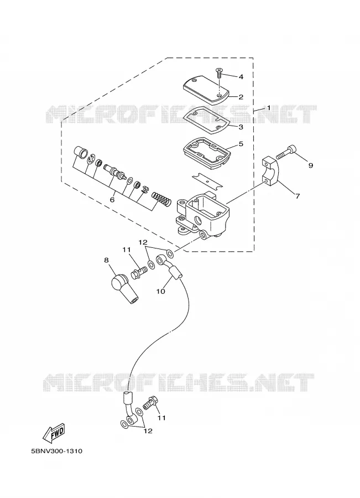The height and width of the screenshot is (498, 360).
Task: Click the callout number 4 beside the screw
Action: (241, 76)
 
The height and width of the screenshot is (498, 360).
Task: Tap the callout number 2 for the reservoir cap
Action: (241, 97)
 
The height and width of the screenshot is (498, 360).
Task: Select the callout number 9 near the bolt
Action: (311, 165)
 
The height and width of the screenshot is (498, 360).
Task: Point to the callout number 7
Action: (298, 196)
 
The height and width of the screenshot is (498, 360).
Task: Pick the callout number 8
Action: (106, 261)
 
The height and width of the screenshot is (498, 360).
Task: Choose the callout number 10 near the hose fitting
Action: (160, 291)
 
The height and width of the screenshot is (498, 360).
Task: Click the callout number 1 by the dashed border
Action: (269, 108)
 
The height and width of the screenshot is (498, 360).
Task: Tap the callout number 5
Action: (241, 144)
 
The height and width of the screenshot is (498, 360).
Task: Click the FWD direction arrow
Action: (54, 433)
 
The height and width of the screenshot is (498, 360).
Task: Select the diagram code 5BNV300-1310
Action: (57, 451)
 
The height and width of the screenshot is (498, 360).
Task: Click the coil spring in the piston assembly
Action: (161, 199)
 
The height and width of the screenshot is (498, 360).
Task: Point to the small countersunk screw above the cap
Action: (218, 72)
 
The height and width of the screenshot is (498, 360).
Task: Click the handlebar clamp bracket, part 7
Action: (270, 171)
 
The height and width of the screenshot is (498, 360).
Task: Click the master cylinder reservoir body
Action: (203, 214)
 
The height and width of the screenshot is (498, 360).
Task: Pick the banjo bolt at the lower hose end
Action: (150, 403)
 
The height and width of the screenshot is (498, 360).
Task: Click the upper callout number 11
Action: (127, 250)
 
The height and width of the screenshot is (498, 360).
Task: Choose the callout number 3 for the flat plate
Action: (241, 127)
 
